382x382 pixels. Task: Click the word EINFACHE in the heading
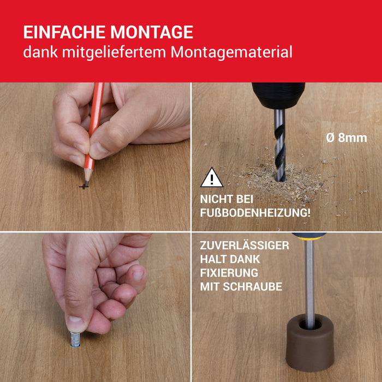[x=64, y=32]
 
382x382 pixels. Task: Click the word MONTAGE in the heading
[x=152, y=32]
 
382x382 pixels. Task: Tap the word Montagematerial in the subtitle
[x=231, y=52]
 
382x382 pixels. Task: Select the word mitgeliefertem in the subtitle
[x=114, y=52]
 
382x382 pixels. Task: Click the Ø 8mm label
[x=347, y=138]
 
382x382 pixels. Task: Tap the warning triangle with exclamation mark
[x=212, y=177]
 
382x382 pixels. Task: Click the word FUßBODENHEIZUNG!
[x=255, y=213]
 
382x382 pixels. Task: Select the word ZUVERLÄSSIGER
[x=244, y=246]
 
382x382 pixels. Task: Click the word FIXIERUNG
[x=229, y=273]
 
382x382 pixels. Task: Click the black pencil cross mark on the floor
[x=83, y=187]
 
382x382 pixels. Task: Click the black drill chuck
[x=278, y=95]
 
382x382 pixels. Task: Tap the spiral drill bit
[x=279, y=146]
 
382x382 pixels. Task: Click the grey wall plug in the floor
[x=75, y=339]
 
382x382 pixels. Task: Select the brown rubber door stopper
[x=309, y=343]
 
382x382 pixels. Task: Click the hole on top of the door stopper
[x=310, y=325]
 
